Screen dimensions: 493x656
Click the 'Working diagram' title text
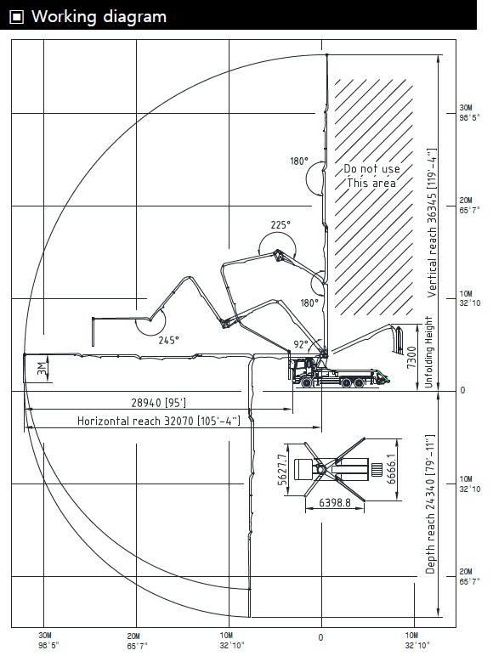click(x=99, y=17)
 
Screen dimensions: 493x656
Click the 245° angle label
click(x=168, y=341)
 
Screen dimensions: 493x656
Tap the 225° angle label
click(x=280, y=225)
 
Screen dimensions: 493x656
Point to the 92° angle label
click(x=301, y=344)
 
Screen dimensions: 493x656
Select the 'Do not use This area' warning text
click(x=371, y=176)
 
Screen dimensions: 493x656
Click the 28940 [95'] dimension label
click(x=159, y=403)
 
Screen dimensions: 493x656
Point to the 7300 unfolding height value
click(x=411, y=357)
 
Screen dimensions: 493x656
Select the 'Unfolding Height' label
click(x=428, y=353)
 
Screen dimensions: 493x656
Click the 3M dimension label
click(x=42, y=368)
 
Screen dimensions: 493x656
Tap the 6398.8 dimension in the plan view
click(x=335, y=502)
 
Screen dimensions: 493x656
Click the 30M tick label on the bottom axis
click(x=45, y=636)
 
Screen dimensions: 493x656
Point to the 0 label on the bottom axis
click(x=320, y=637)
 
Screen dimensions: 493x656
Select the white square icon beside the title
click(x=17, y=17)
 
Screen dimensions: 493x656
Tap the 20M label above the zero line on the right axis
click(x=466, y=201)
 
